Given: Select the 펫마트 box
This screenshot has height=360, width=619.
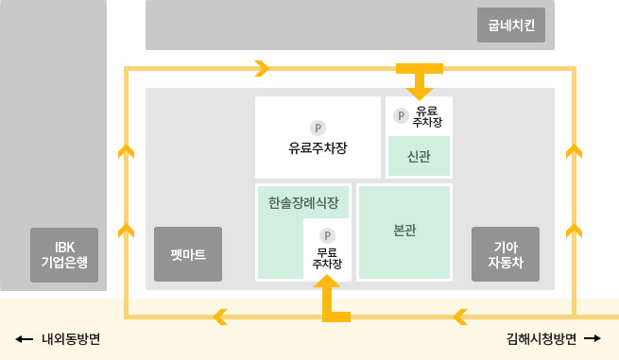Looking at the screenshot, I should [188, 254].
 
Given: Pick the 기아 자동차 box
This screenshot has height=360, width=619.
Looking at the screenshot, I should [506, 254].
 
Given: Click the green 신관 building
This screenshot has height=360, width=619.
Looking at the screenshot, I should [419, 157].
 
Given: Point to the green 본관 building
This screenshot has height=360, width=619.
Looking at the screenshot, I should [404, 231].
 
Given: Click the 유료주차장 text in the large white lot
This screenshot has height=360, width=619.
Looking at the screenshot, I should [318, 148].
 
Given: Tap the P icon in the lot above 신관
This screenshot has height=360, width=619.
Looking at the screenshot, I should [401, 116].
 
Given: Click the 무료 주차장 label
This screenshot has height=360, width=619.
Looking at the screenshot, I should [327, 257].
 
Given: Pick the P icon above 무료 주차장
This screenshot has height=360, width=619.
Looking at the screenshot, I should [327, 234].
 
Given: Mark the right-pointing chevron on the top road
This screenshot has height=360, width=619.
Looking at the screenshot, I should [262, 68].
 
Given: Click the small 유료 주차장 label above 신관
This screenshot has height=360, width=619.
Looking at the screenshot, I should [427, 116].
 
